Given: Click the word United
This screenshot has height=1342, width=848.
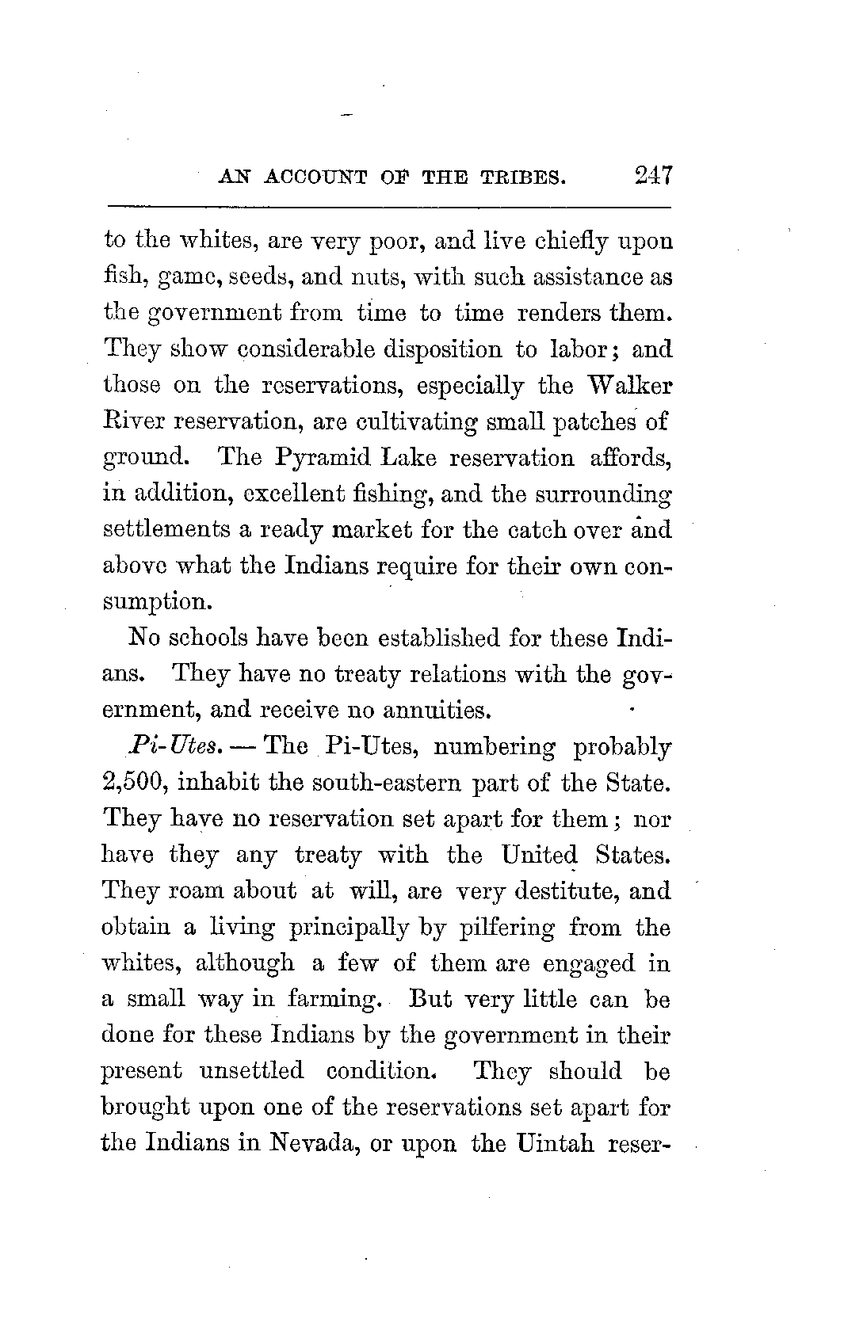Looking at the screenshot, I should (x=540, y=856).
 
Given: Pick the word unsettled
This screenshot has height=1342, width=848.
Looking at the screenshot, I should (x=251, y=1071).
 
